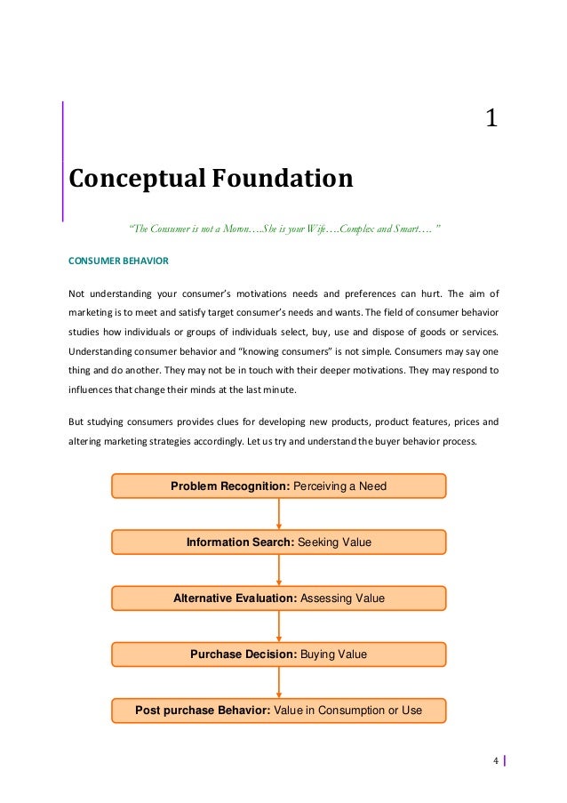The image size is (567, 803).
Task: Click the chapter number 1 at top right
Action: (491, 118)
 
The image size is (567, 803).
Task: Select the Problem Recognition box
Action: (278, 486)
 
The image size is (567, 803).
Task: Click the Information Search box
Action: (278, 542)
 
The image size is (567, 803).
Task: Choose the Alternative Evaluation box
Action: (278, 598)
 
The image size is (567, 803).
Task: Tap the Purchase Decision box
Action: (278, 654)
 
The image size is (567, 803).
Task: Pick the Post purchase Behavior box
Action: (278, 711)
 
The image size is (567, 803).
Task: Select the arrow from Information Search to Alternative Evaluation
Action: (279, 570)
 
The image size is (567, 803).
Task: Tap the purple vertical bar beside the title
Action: (63, 160)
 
